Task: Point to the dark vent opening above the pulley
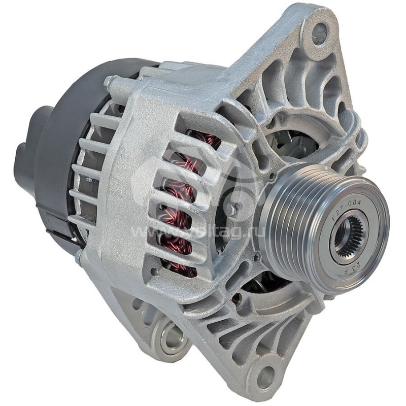pyautogui.click(x=294, y=142)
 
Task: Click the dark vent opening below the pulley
pyautogui.click(x=264, y=284)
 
